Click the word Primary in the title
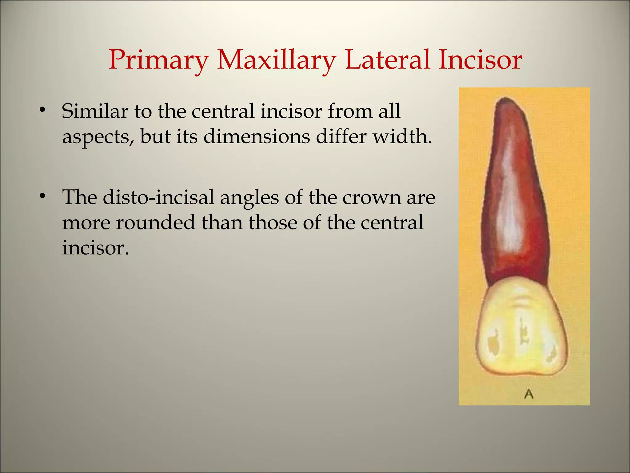click(x=158, y=60)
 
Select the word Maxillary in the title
click(x=276, y=60)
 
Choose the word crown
click(x=371, y=198)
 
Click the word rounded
click(x=155, y=222)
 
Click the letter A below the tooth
click(x=528, y=394)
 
